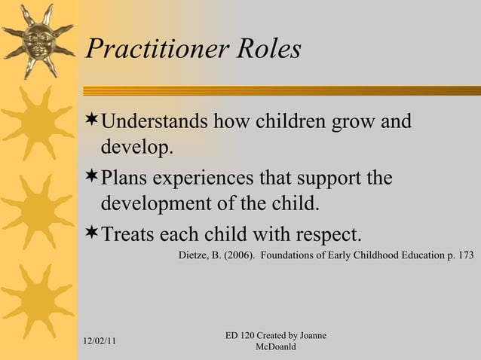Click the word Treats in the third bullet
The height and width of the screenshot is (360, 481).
click(x=128, y=233)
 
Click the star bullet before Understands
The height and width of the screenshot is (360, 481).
click(x=92, y=121)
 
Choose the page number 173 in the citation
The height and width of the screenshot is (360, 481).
click(x=464, y=255)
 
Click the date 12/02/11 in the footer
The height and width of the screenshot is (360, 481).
click(x=100, y=341)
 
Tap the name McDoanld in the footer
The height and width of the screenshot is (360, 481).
click(x=275, y=346)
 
